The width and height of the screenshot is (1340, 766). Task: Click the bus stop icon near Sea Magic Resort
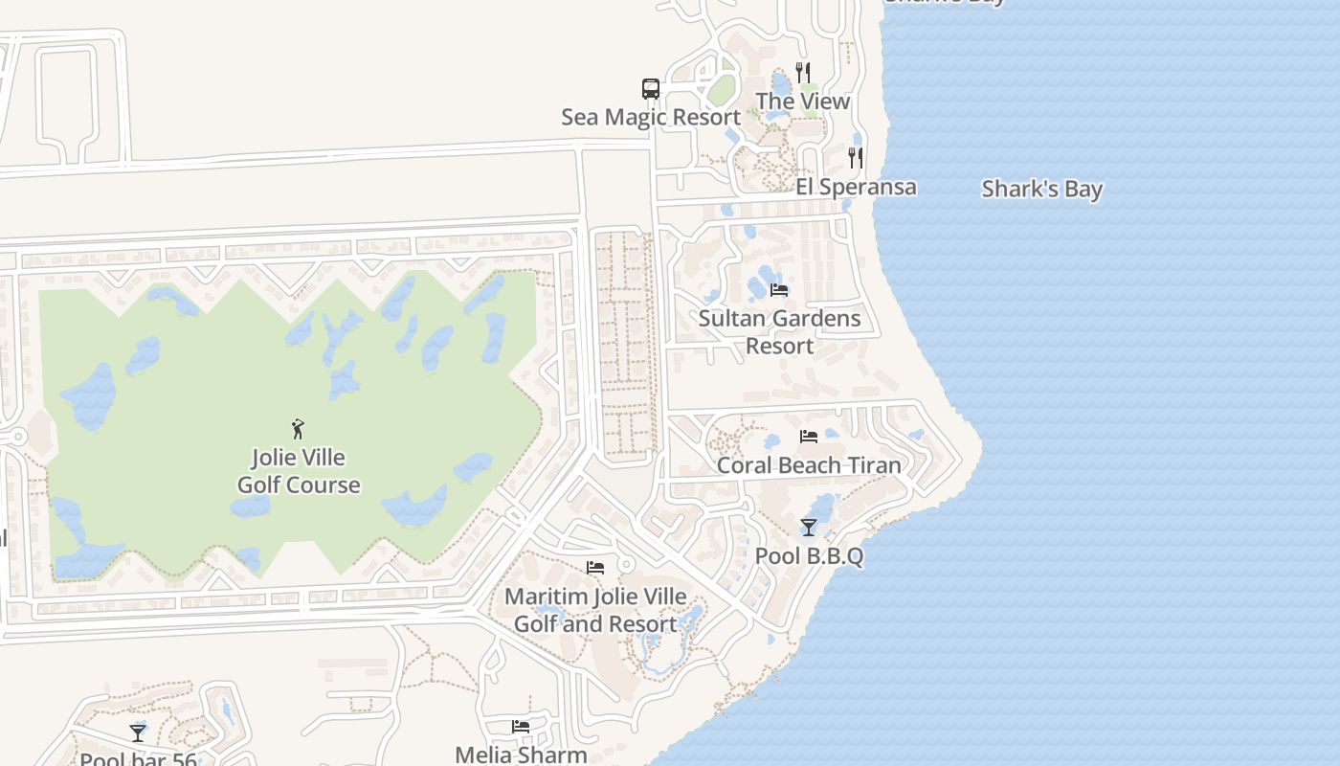pos(651,89)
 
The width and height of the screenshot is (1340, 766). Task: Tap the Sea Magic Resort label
pos(651,117)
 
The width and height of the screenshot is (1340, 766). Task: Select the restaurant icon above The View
pos(803,72)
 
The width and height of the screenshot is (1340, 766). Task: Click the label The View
pos(802,101)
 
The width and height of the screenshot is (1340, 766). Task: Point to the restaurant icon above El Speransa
pos(856,157)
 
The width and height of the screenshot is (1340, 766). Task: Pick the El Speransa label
pos(856,187)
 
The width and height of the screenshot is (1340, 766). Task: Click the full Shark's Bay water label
pos(1042,189)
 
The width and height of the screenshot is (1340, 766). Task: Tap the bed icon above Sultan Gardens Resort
pos(779,289)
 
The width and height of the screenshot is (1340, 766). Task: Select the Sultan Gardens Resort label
pos(779,331)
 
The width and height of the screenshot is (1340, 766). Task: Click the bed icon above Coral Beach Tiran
pos(809,437)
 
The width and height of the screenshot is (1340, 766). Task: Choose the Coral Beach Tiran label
pos(809,465)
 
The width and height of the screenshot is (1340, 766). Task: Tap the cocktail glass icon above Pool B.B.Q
pos(809,527)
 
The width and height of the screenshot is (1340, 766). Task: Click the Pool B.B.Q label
pos(809,555)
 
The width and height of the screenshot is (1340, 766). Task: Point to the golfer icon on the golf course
pos(298,428)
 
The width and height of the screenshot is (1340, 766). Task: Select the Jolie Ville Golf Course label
pos(299,470)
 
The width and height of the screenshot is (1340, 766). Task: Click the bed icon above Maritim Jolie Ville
pos(595,568)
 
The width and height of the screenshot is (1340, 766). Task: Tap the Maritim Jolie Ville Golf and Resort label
pos(595,610)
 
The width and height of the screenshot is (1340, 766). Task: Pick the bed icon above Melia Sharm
pos(521,726)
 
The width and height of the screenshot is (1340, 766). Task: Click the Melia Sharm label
pos(521,755)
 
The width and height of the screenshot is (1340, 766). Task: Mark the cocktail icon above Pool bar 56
pos(138,732)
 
